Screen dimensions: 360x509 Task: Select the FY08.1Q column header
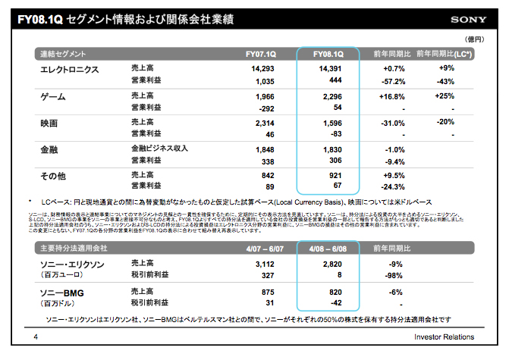[x=327, y=55]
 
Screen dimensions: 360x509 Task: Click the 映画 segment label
[x=49, y=122]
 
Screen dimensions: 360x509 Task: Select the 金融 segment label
[x=49, y=149]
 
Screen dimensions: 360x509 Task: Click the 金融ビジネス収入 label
[x=159, y=149]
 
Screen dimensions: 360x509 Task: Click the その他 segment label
[x=54, y=175]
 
